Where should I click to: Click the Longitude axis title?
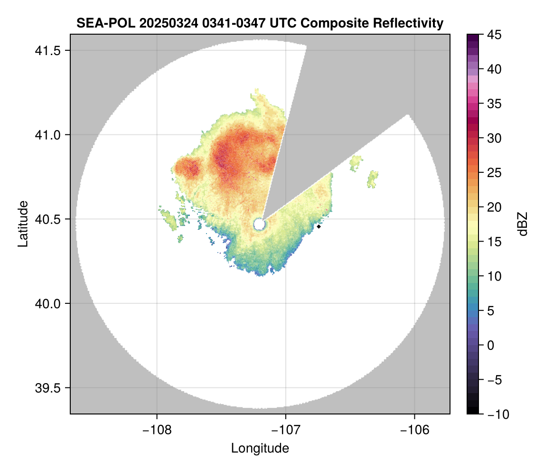(x=260, y=448)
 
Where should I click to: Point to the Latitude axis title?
(x=22, y=224)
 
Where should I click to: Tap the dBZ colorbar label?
(x=523, y=224)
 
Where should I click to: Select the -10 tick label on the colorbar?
(x=496, y=414)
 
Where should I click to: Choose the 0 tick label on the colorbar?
(x=490, y=345)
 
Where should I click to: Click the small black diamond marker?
(x=319, y=226)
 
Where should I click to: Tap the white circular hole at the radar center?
(x=259, y=224)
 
